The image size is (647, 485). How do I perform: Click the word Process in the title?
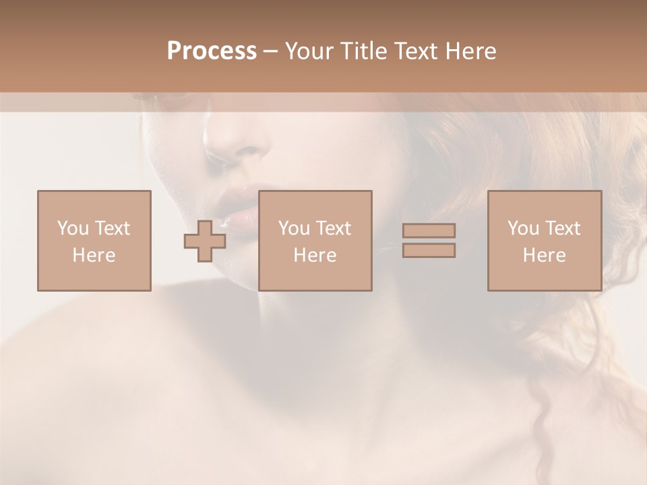click(x=212, y=51)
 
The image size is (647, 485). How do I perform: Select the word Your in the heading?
click(x=311, y=51)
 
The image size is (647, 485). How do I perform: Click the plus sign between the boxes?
click(x=205, y=241)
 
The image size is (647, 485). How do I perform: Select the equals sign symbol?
click(x=429, y=240)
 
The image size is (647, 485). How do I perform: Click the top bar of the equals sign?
click(x=429, y=230)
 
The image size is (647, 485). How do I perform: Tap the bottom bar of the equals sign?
click(x=429, y=251)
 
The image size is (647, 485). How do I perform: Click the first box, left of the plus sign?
click(x=94, y=240)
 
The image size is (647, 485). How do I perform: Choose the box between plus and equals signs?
click(x=315, y=240)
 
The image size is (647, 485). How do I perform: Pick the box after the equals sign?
click(x=544, y=240)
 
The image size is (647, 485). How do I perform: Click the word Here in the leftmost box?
click(x=94, y=255)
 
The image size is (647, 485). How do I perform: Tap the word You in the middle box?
click(x=294, y=228)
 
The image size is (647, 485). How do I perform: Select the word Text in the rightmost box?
click(x=563, y=228)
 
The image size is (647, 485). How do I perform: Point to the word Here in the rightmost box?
click(x=544, y=255)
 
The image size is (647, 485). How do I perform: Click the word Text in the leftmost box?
click(x=113, y=228)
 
